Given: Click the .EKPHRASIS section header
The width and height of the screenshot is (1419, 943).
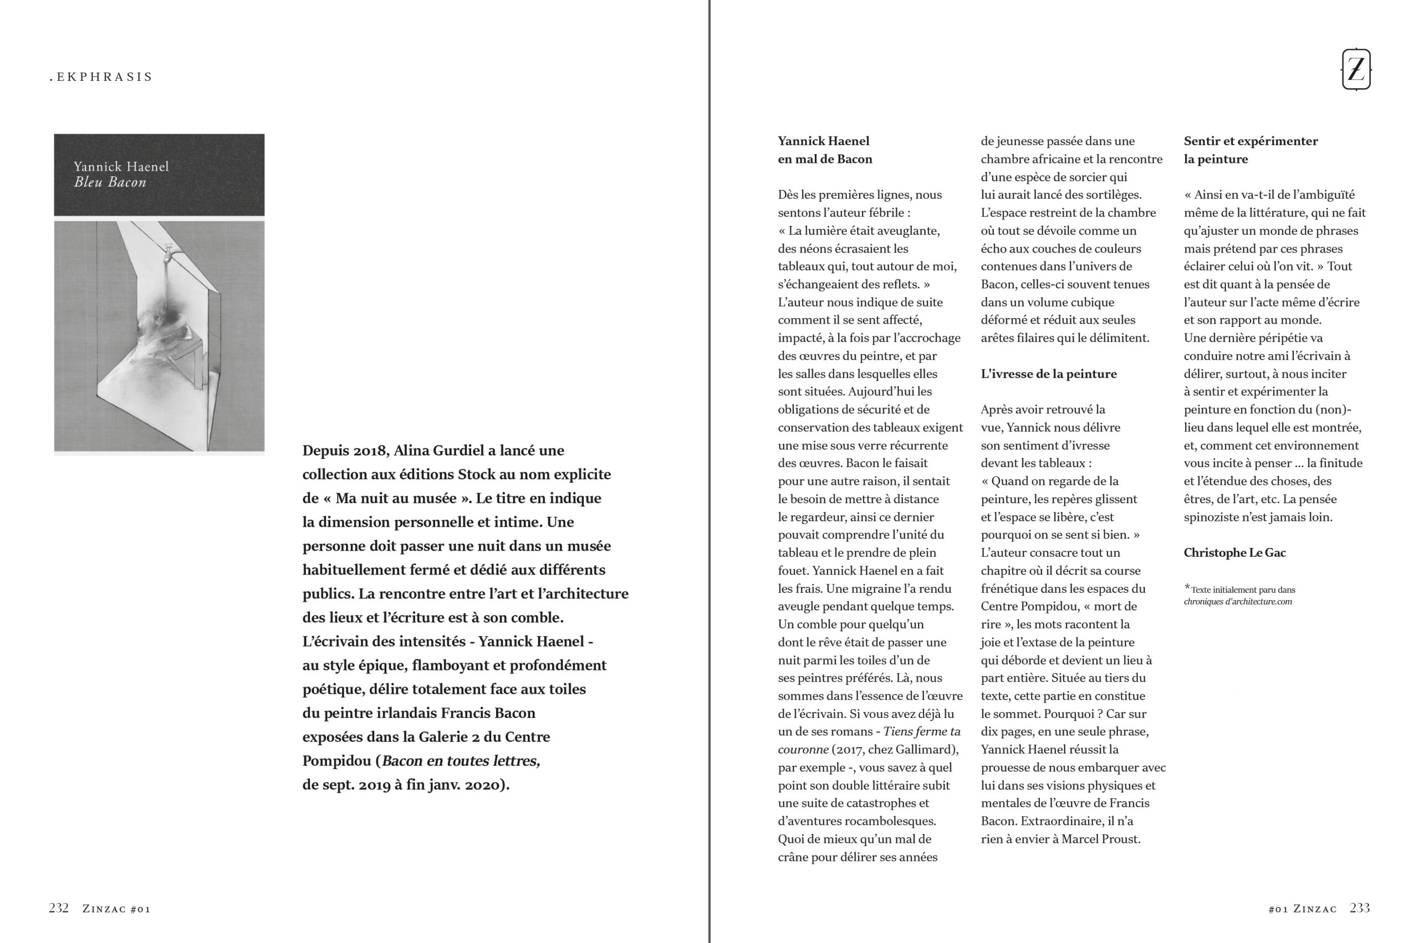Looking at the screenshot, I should pyautogui.click(x=101, y=77).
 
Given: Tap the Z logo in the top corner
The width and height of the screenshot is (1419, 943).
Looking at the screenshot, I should pyautogui.click(x=1356, y=69).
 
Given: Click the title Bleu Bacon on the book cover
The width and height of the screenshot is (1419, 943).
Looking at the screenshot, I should pyautogui.click(x=110, y=182).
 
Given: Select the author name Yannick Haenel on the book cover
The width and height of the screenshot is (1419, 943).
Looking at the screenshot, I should pyautogui.click(x=121, y=167).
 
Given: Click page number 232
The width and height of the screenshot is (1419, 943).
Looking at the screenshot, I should pyautogui.click(x=58, y=908).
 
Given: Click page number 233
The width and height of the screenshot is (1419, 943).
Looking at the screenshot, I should pyautogui.click(x=1360, y=908).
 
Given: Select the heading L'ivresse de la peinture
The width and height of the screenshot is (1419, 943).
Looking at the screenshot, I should pyautogui.click(x=1049, y=373).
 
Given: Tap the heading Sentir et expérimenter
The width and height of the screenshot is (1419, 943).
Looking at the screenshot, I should pyautogui.click(x=1250, y=141).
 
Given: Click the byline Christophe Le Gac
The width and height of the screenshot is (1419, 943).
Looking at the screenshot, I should pyautogui.click(x=1234, y=553).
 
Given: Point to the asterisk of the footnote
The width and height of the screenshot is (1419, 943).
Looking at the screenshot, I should pyautogui.click(x=1187, y=587).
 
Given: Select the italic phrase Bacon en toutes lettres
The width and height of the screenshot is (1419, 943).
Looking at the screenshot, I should pyautogui.click(x=461, y=761).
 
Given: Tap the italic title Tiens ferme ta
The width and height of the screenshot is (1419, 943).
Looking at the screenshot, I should pyautogui.click(x=922, y=731).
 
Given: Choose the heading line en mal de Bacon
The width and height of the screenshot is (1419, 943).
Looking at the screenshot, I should pyautogui.click(x=825, y=160).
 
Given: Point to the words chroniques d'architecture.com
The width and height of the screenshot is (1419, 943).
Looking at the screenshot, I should pyautogui.click(x=1237, y=601).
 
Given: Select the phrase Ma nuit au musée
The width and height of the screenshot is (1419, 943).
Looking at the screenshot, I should pyautogui.click(x=396, y=498).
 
